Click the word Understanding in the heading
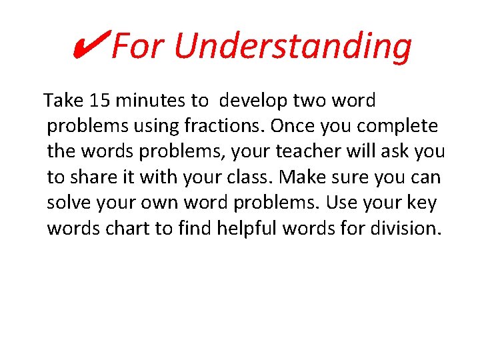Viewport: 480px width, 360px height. (x=293, y=46)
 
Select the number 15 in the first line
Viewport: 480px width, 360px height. (x=99, y=101)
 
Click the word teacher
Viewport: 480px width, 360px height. (x=303, y=151)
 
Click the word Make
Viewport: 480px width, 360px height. (x=304, y=177)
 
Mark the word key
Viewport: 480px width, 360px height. (x=423, y=202)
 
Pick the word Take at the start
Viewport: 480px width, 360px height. (x=63, y=101)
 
